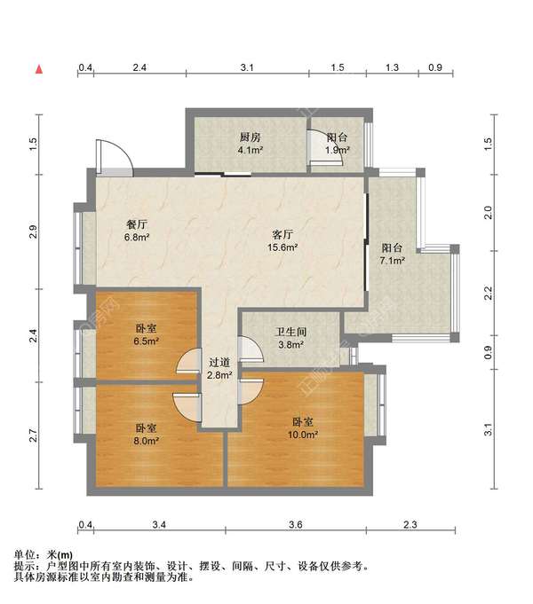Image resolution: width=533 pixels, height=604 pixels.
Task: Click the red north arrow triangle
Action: click(x=39, y=69)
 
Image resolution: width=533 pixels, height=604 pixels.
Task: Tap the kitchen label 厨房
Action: click(x=251, y=137)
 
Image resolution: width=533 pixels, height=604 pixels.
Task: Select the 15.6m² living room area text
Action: click(x=282, y=247)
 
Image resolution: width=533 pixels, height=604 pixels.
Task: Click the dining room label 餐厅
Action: click(x=137, y=224)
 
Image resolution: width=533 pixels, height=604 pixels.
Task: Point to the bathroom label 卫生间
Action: click(x=290, y=332)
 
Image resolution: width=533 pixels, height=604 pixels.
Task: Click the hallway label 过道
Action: click(x=219, y=362)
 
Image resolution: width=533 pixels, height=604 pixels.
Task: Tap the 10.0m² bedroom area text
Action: click(x=303, y=435)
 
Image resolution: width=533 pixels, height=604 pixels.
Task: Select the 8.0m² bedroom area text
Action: click(x=147, y=441)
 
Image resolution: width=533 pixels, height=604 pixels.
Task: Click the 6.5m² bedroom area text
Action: click(x=147, y=341)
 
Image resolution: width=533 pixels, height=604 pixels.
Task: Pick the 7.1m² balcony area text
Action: click(x=392, y=261)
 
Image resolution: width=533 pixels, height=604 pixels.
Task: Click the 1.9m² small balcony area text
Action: click(x=338, y=150)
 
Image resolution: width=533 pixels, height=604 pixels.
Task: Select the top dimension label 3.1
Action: click(x=247, y=67)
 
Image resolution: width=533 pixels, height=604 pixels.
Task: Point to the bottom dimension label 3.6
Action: click(x=296, y=525)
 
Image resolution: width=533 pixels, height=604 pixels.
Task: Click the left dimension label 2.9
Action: click(x=34, y=231)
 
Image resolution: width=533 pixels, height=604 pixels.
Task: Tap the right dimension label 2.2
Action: click(x=489, y=294)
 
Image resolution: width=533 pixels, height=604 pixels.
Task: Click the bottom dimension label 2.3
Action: click(x=410, y=525)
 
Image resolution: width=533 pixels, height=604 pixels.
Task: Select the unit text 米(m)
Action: click(x=60, y=555)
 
